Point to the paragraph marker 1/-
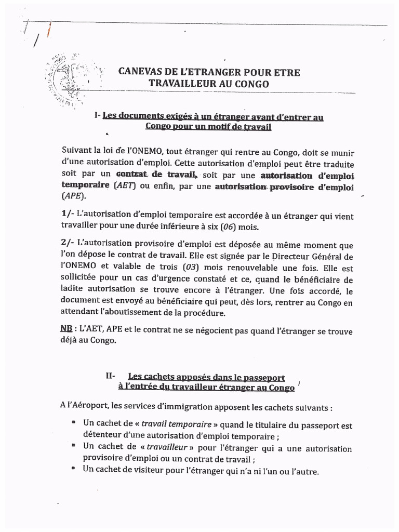[x=68, y=215]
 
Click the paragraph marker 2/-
[x=68, y=244]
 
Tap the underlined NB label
[x=66, y=329]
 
